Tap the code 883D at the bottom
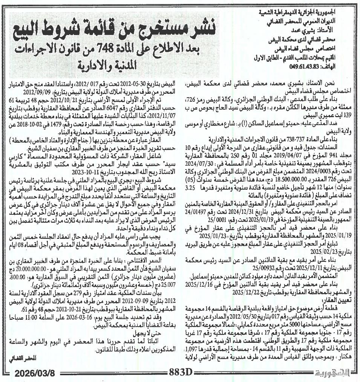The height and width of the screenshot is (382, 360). [x=181, y=373]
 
